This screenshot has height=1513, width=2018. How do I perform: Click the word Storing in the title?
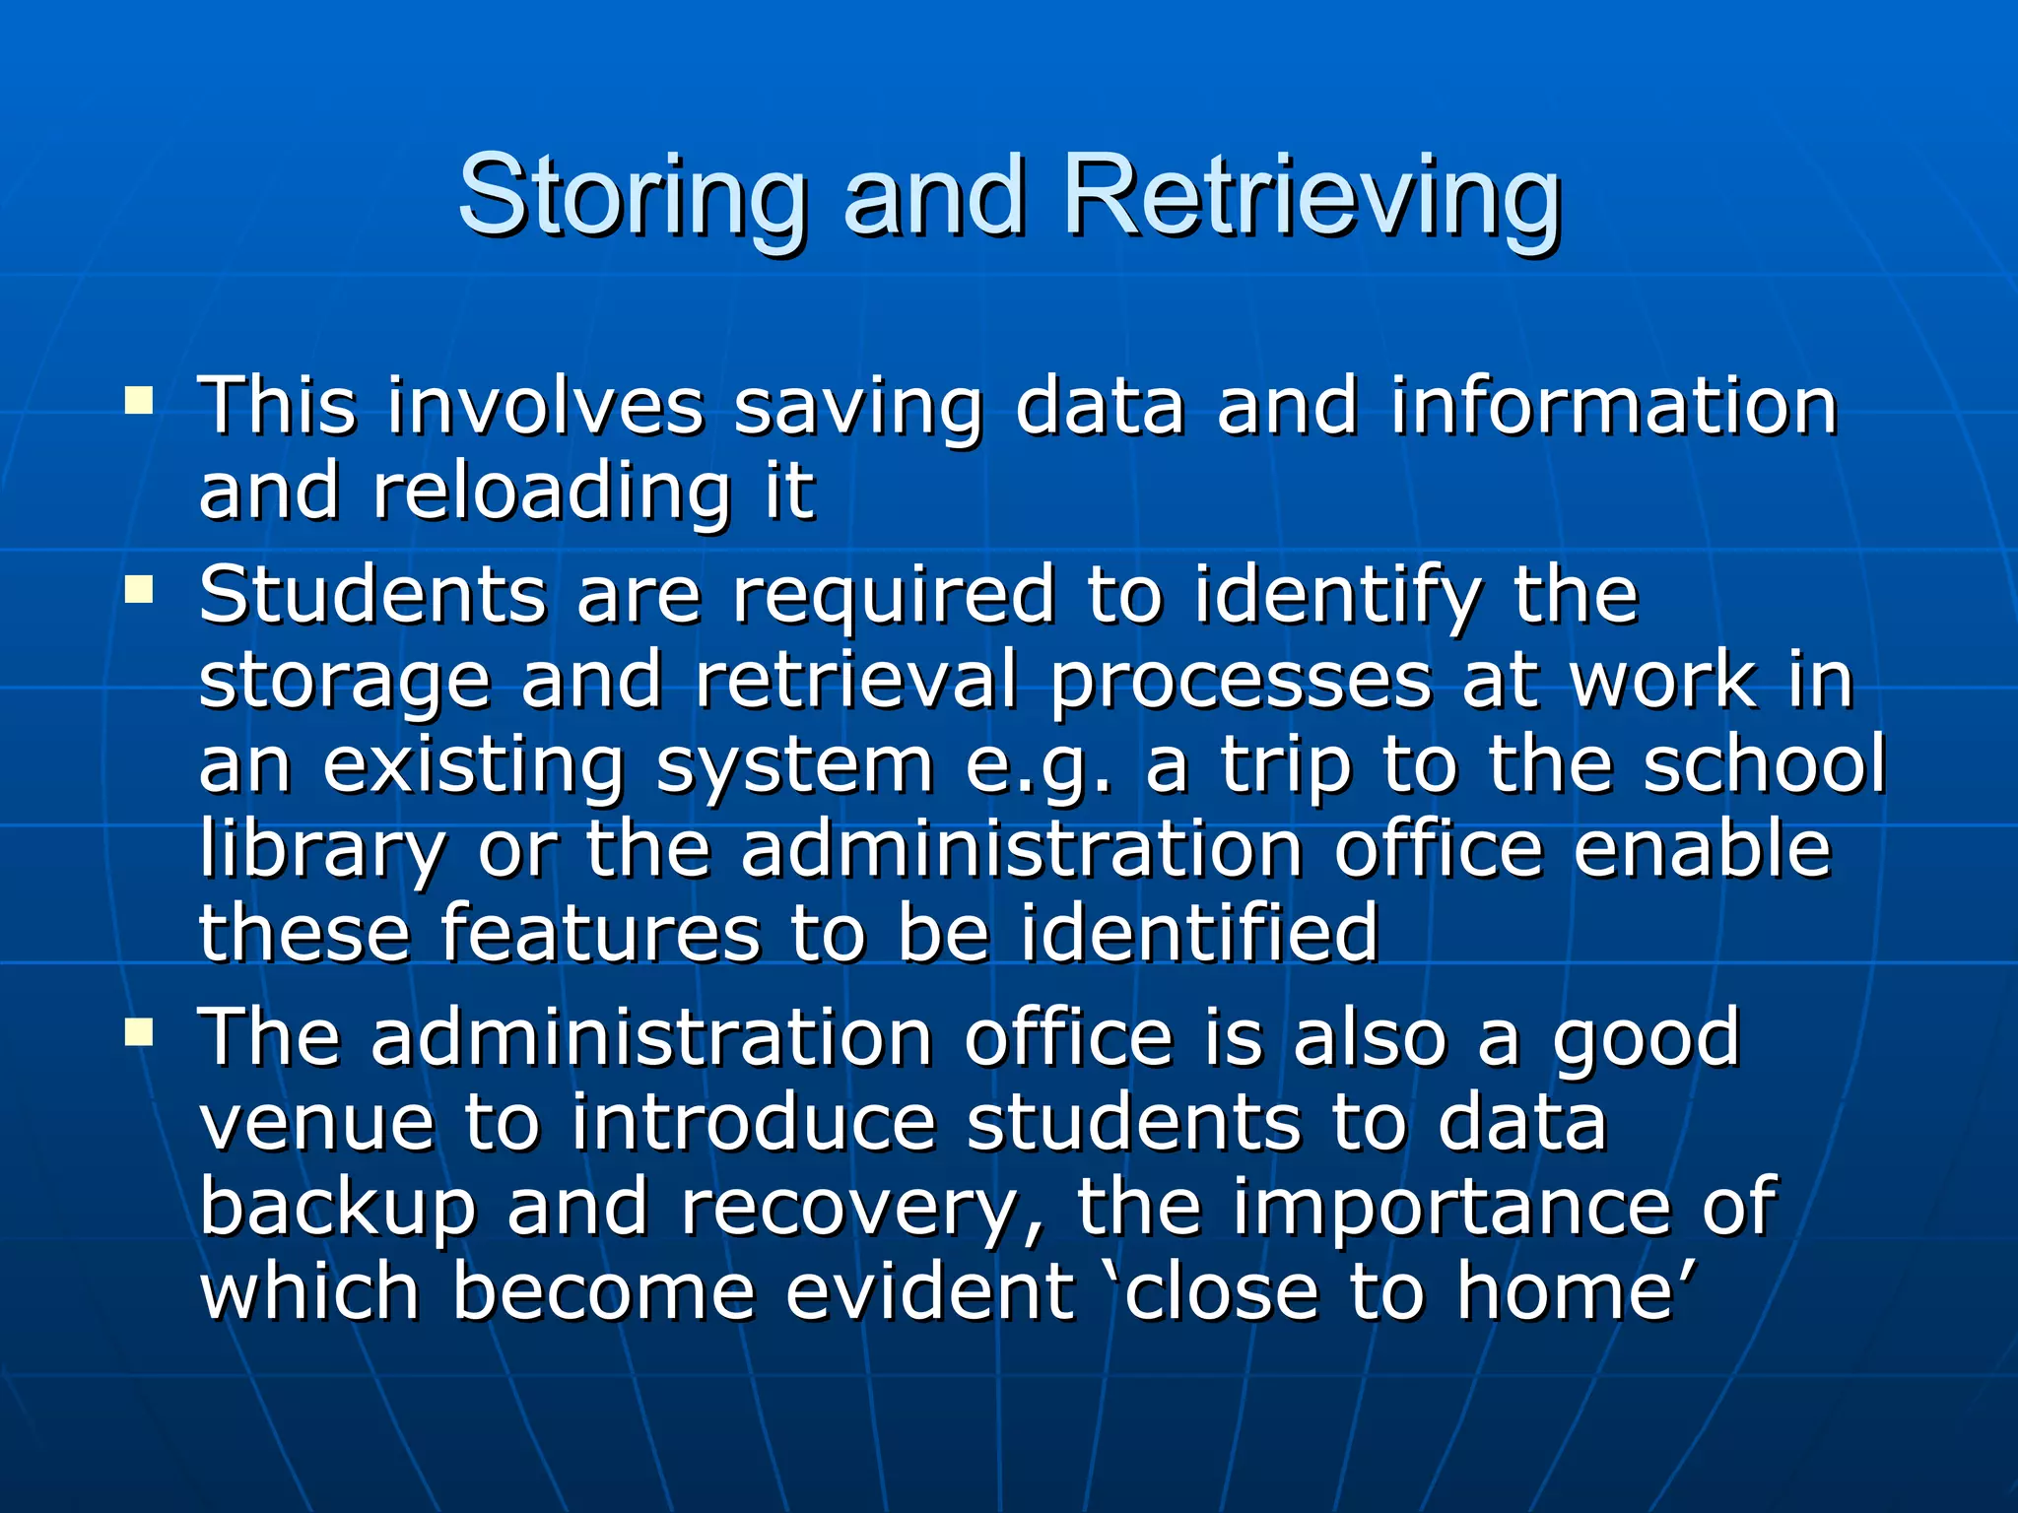click(x=632, y=198)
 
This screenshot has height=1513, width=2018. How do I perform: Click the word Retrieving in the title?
click(x=1312, y=198)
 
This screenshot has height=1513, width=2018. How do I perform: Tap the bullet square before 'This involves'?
click(x=139, y=400)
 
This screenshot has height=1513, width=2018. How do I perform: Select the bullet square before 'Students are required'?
click(x=139, y=590)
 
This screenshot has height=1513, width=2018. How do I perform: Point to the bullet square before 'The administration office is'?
click(x=139, y=1031)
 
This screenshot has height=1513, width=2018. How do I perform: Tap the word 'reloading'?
click(x=552, y=493)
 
